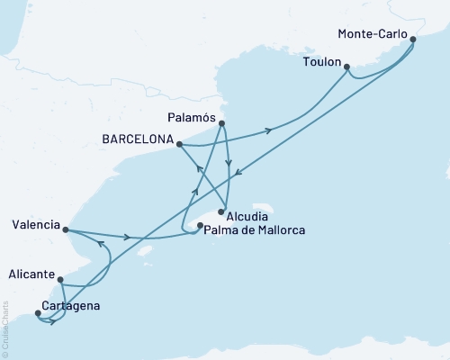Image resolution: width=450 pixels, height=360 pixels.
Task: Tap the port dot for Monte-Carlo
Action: click(413, 39)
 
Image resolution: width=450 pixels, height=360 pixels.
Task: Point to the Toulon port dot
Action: click(347, 65)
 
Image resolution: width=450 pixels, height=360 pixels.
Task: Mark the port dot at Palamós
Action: click(221, 124)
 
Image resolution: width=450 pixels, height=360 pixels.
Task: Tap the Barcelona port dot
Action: click(180, 144)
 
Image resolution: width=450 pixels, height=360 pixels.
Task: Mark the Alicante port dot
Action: click(60, 279)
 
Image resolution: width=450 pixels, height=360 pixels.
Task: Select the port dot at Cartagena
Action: click(38, 314)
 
